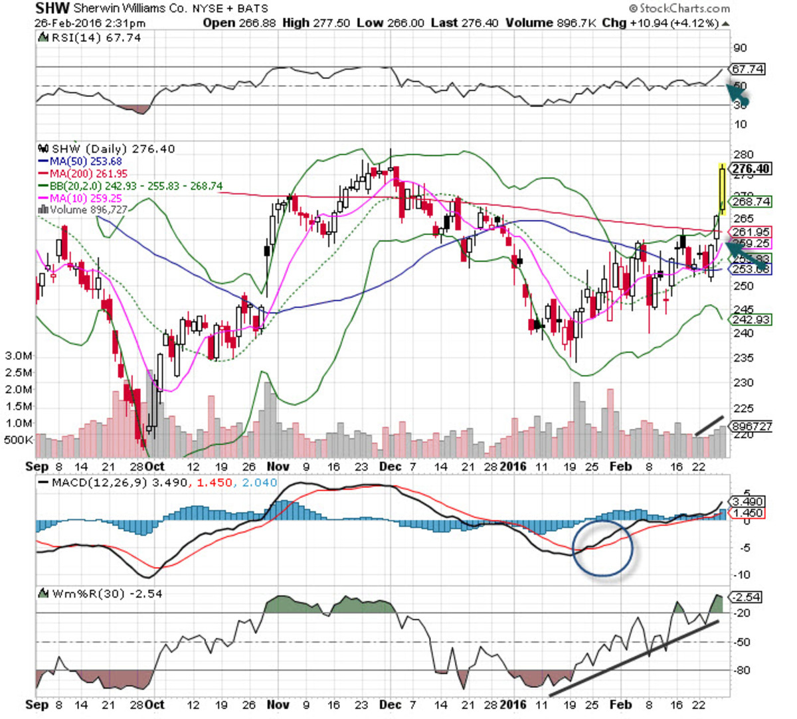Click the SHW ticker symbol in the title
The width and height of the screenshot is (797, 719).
click(x=51, y=9)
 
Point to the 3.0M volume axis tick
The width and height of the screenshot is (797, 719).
click(x=19, y=356)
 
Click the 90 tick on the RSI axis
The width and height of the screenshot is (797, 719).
click(x=739, y=48)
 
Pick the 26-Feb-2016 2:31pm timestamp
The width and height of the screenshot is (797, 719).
click(x=90, y=23)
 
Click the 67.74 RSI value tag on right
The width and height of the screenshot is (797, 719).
click(x=747, y=69)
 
